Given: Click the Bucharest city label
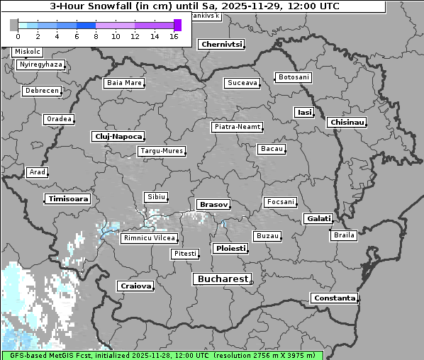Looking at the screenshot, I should pos(221,279).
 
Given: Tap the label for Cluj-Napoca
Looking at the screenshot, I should pos(118,136).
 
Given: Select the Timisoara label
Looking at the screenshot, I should pos(68,199).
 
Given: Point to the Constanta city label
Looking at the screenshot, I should pos(334,298).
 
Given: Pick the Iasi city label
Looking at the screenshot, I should pos(304,113).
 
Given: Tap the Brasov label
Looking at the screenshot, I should pos(213,205).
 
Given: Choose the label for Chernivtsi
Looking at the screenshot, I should pos(222,45).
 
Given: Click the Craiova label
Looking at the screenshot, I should pos(135,286).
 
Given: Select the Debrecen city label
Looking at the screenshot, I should pos(41,91).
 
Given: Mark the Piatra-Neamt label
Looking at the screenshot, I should pos(238,127).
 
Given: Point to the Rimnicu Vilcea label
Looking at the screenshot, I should pos(149,239).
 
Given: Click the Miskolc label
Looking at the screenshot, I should pos(28,52).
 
